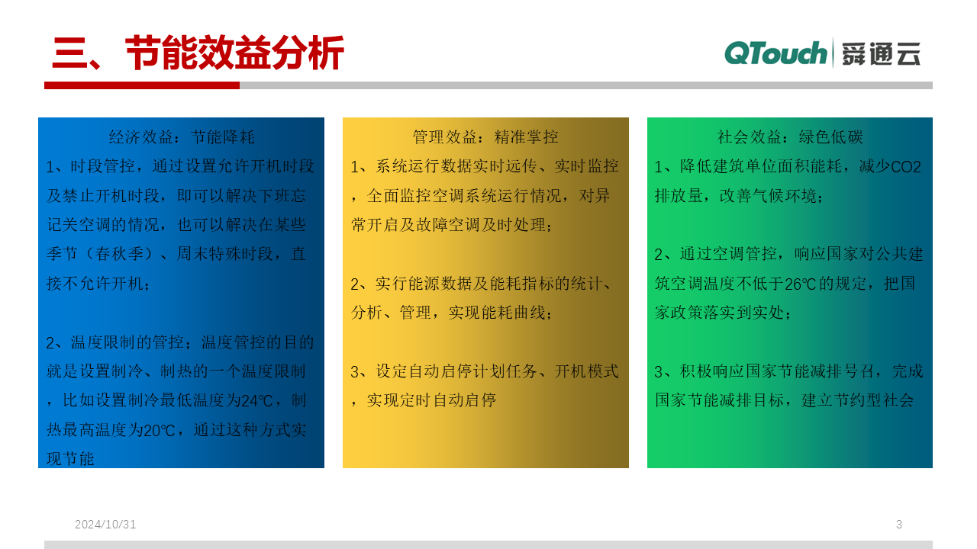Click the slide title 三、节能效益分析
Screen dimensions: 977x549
pyautogui.click(x=198, y=53)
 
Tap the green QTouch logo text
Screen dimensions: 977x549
pyautogui.click(x=775, y=53)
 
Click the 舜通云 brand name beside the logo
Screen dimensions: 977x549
pyautogui.click(x=881, y=54)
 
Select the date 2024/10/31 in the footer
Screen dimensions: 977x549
pyautogui.click(x=105, y=524)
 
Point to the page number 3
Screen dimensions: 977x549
pyautogui.click(x=899, y=524)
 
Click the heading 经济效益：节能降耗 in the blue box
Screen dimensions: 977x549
pyautogui.click(x=182, y=137)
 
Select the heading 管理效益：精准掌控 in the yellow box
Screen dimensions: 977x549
pyautogui.click(x=485, y=137)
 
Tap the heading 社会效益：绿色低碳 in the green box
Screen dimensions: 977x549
pyautogui.click(x=790, y=137)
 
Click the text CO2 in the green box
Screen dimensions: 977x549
pyautogui.click(x=905, y=167)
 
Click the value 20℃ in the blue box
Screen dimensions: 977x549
pyautogui.click(x=159, y=431)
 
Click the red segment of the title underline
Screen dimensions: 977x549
pyautogui.click(x=142, y=85)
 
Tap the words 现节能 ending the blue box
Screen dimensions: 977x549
pyautogui.click(x=70, y=459)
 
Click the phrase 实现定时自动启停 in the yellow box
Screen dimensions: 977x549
pyautogui.click(x=431, y=400)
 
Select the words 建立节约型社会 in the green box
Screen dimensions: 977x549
pyautogui.click(x=857, y=400)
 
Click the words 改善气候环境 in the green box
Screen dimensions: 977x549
pyautogui.click(x=768, y=196)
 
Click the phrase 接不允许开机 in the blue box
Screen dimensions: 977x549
pyautogui.click(x=95, y=284)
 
